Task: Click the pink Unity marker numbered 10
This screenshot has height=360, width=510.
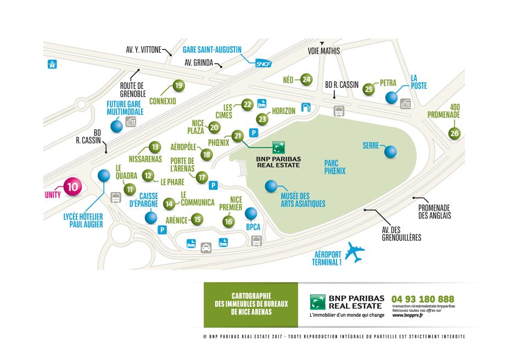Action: pos(72,187)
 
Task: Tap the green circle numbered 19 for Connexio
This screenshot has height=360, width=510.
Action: pos(178,86)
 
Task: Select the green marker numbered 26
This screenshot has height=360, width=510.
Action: pos(454,133)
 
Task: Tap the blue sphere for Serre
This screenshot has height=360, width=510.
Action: pos(390,152)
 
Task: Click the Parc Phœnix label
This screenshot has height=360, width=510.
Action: pos(334,167)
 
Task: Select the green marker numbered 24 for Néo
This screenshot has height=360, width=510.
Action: pos(306,80)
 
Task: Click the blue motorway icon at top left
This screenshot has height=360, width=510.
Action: pos(52,64)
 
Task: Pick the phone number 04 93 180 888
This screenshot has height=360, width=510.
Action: pos(423,299)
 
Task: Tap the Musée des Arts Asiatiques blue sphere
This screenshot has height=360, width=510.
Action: pos(271,187)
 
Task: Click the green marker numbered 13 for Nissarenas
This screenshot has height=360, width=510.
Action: pos(155,147)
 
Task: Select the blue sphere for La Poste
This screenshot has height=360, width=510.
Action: pos(391,98)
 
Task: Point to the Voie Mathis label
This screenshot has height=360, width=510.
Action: pos(323,51)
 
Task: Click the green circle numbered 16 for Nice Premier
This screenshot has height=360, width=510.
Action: pos(228,222)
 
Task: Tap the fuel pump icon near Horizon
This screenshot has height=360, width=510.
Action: pos(306,107)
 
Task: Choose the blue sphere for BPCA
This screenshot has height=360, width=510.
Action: pos(251,213)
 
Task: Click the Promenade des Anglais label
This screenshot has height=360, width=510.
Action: pos(434,211)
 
